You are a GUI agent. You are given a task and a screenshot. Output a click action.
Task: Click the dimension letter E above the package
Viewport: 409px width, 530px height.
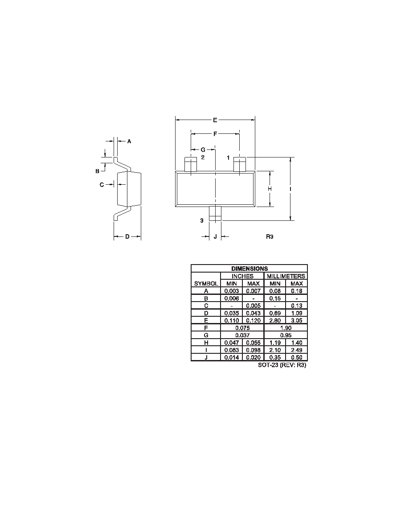[215, 120]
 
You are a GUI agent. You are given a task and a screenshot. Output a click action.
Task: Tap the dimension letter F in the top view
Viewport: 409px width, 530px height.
[215, 134]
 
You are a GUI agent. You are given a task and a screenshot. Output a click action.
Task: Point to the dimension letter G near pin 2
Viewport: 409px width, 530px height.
[203, 149]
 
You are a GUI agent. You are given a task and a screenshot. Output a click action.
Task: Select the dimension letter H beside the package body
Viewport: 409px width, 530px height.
[270, 189]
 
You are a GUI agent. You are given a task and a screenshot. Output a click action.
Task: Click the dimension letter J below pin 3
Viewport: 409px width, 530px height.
[215, 236]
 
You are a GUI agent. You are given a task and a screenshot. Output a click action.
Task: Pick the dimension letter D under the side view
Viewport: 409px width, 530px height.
[127, 236]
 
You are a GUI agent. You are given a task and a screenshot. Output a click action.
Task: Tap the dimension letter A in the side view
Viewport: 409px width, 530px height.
[129, 141]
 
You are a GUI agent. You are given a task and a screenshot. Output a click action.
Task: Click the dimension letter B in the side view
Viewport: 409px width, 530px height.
[97, 171]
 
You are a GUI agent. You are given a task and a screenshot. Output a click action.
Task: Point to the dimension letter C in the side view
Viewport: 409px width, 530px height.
[102, 185]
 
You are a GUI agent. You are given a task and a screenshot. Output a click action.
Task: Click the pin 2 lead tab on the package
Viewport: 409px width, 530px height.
[191, 164]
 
